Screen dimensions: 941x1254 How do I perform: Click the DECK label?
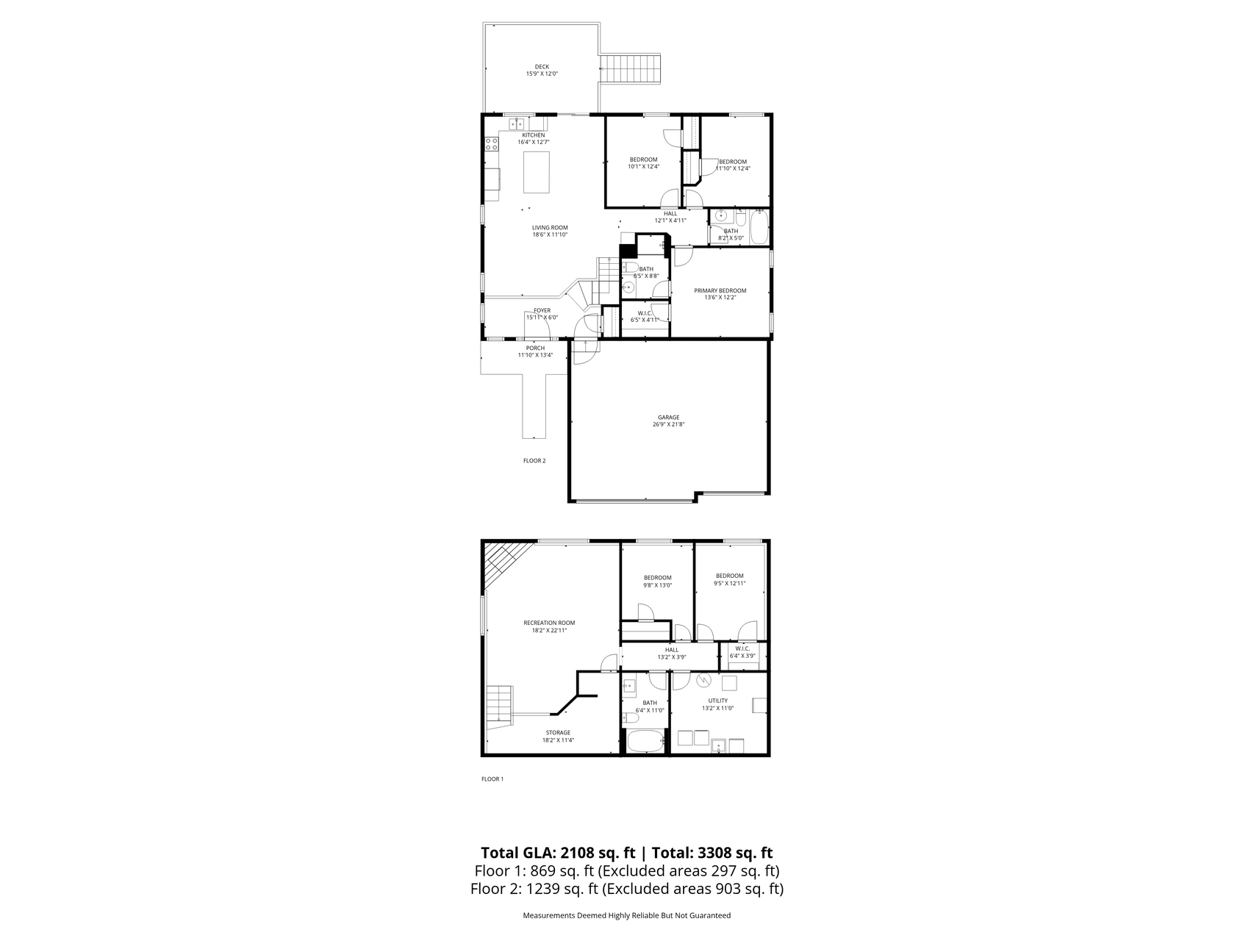(542, 67)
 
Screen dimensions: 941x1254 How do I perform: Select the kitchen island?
(537, 171)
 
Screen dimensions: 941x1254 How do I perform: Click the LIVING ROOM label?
(550, 228)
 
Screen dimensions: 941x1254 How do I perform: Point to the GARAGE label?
(668, 418)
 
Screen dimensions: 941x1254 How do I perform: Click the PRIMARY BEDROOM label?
(720, 291)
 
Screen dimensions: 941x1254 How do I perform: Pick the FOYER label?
(542, 311)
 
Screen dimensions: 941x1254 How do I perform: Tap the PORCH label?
(535, 348)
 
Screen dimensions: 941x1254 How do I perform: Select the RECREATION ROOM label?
(549, 623)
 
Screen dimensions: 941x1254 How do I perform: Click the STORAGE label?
(558, 733)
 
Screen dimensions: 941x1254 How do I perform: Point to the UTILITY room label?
(717, 701)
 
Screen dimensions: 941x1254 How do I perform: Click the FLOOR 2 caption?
(534, 461)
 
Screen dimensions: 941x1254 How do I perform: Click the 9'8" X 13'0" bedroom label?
(657, 578)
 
